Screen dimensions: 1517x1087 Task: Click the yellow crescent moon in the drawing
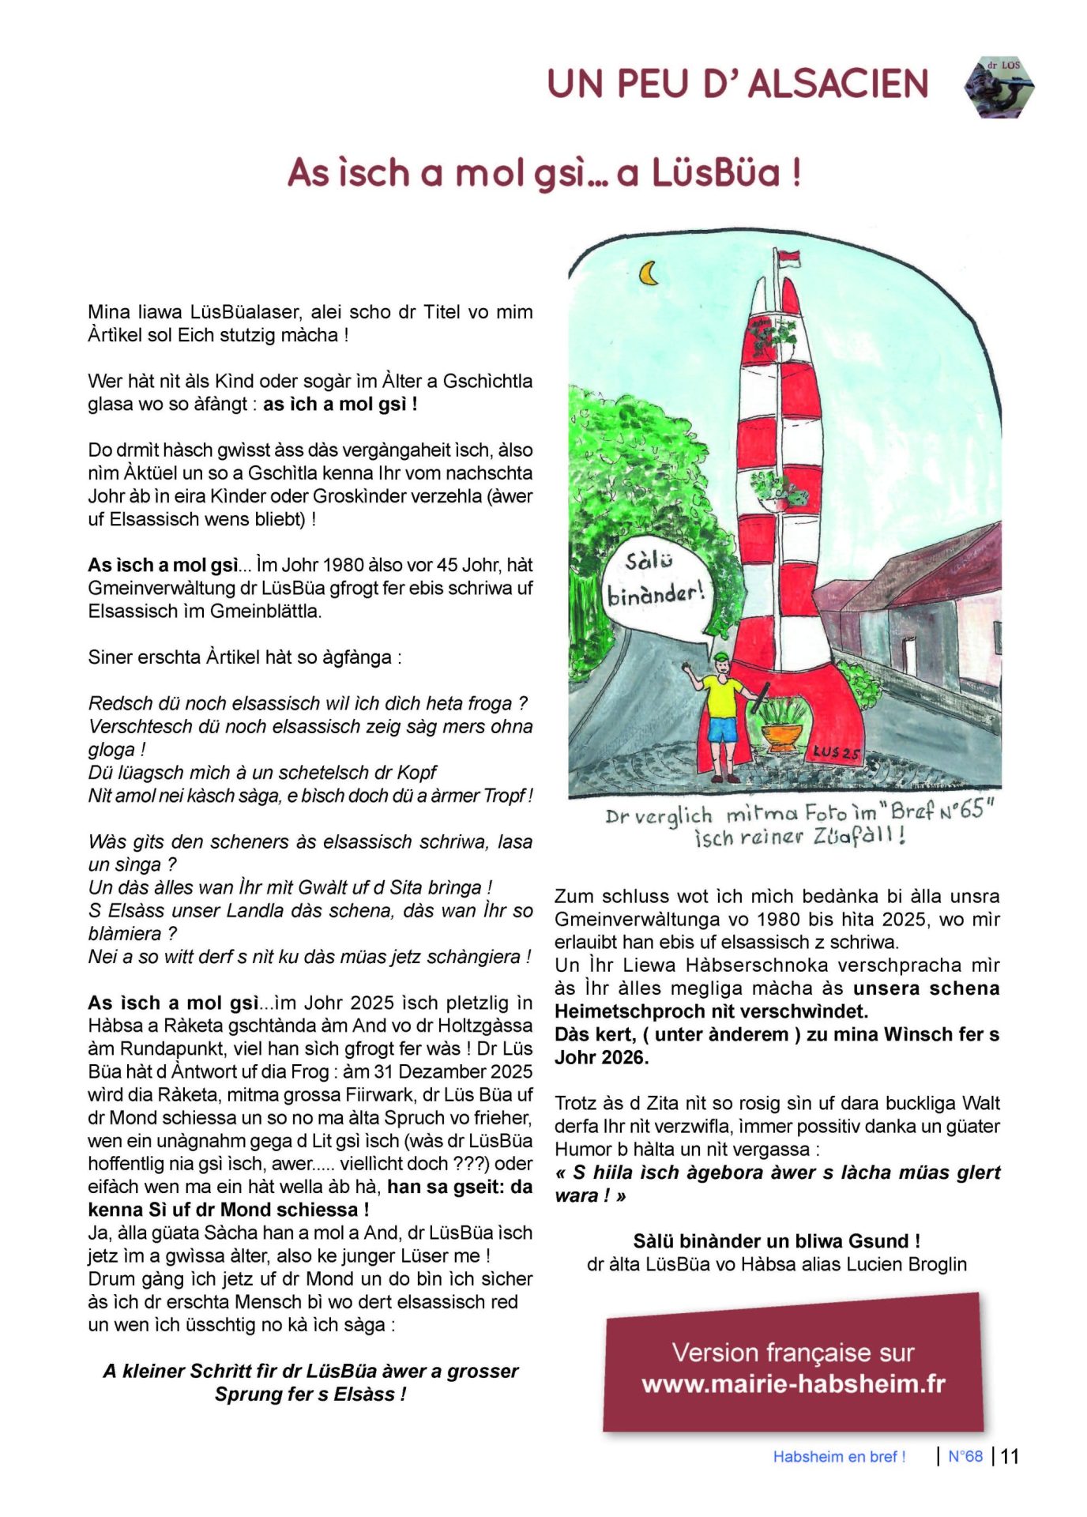coord(649,273)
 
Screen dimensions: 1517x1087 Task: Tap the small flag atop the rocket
coord(788,257)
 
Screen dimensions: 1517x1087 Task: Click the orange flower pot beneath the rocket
coord(783,736)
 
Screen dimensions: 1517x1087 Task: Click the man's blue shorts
coord(722,728)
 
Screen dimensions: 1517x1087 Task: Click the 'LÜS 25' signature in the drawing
coord(837,752)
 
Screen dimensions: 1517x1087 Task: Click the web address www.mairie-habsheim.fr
coord(793,1383)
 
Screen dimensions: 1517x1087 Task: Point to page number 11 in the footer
coord(1010,1456)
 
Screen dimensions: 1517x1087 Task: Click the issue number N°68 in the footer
coord(965,1456)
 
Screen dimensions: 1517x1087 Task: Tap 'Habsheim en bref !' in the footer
coord(839,1457)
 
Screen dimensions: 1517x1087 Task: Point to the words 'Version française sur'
coord(793,1352)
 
